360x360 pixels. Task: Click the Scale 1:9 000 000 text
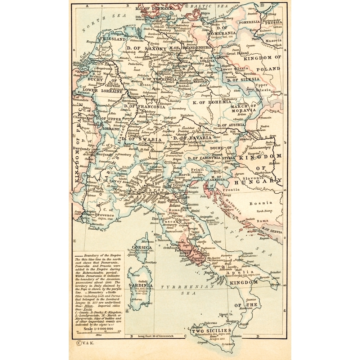point(98,329)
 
